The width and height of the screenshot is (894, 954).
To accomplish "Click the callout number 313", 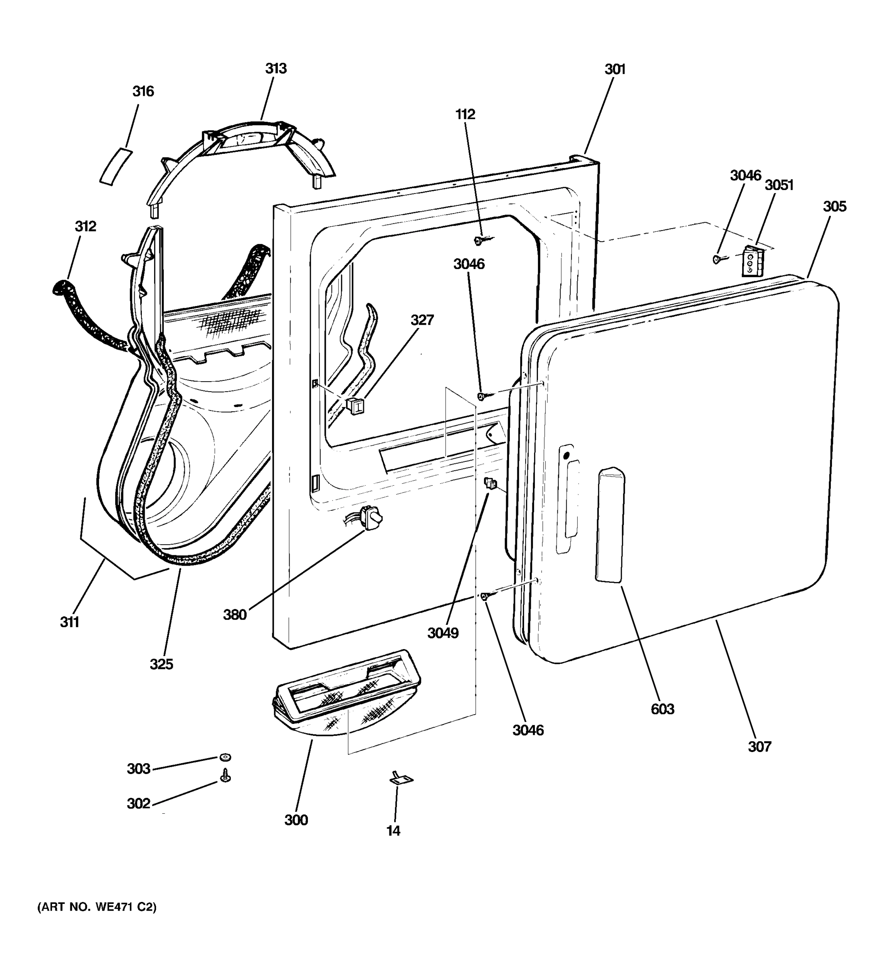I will [276, 69].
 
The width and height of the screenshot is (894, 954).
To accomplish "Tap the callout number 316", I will [143, 91].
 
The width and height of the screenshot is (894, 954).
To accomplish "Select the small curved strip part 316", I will [115, 166].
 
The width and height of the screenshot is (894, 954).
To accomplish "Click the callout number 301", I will [615, 70].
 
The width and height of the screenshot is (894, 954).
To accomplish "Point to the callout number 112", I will [465, 114].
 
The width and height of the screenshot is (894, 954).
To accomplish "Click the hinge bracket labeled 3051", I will [752, 261].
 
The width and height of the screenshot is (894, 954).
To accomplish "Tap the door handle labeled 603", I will [610, 525].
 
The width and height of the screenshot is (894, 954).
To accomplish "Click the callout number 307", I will [760, 746].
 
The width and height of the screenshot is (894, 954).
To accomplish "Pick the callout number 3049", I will [443, 633].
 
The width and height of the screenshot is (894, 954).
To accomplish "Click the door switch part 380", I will [373, 518].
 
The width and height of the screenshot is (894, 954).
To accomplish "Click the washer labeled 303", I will [225, 757].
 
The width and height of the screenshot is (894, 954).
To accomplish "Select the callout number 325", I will [161, 664].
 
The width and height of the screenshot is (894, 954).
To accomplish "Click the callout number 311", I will [70, 622].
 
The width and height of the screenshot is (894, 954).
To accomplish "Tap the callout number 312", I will [85, 226].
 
